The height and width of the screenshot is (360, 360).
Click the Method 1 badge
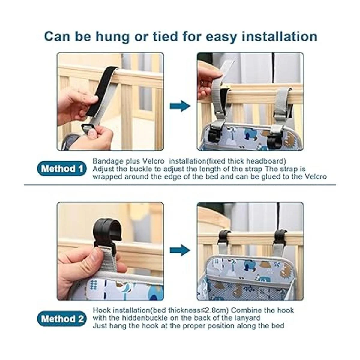tap(62, 169)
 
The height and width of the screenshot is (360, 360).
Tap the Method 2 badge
tap(62, 319)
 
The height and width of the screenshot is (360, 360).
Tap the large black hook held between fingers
tap(106, 233)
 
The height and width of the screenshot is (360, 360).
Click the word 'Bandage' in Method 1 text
tap(108, 161)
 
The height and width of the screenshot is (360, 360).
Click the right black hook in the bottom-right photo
tap(280, 237)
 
